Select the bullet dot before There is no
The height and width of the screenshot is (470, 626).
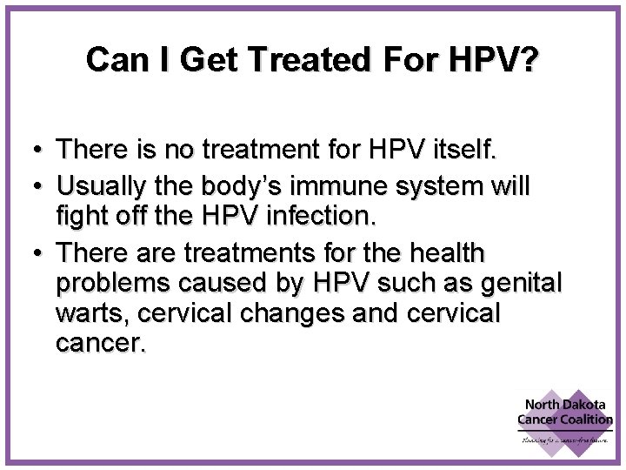(39, 151)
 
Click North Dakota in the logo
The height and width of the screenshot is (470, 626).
(565, 405)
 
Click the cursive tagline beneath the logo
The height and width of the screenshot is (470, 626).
(566, 441)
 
